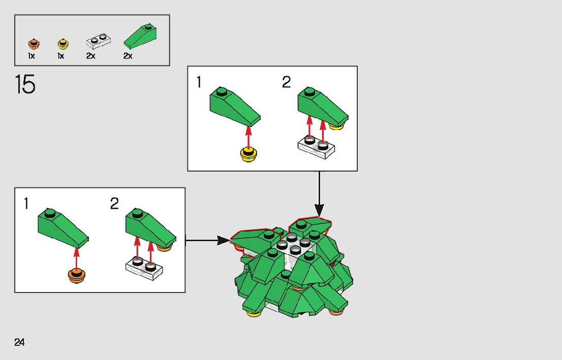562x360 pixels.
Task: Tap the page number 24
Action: (20, 342)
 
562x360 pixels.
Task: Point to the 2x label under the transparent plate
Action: (91, 56)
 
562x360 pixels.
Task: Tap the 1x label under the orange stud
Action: (32, 56)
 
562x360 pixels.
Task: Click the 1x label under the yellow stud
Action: (60, 56)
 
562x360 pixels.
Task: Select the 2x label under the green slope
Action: (128, 56)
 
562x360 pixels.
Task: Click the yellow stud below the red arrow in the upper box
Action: (248, 154)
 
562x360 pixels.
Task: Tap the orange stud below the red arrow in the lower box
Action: (76, 276)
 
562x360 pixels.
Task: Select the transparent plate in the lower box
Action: (145, 268)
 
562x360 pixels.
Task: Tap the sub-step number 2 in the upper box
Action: (287, 82)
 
